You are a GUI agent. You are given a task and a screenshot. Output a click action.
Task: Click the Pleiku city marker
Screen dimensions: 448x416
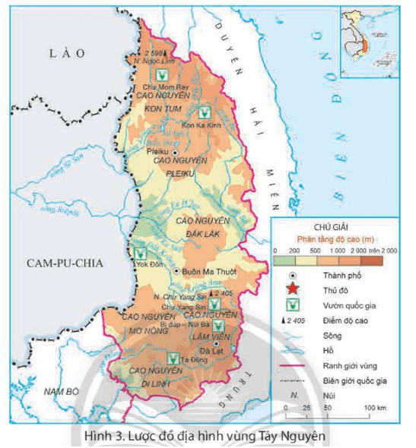(x=176, y=152)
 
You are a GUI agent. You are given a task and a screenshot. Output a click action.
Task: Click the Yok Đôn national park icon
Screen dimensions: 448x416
(x=140, y=253)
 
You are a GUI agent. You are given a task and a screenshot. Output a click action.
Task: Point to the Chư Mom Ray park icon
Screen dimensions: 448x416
(x=160, y=75)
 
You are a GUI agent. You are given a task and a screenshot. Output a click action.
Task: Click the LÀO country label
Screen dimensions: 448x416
(x=65, y=52)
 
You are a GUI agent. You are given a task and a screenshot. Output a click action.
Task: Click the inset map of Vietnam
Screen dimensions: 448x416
(x=372, y=39)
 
